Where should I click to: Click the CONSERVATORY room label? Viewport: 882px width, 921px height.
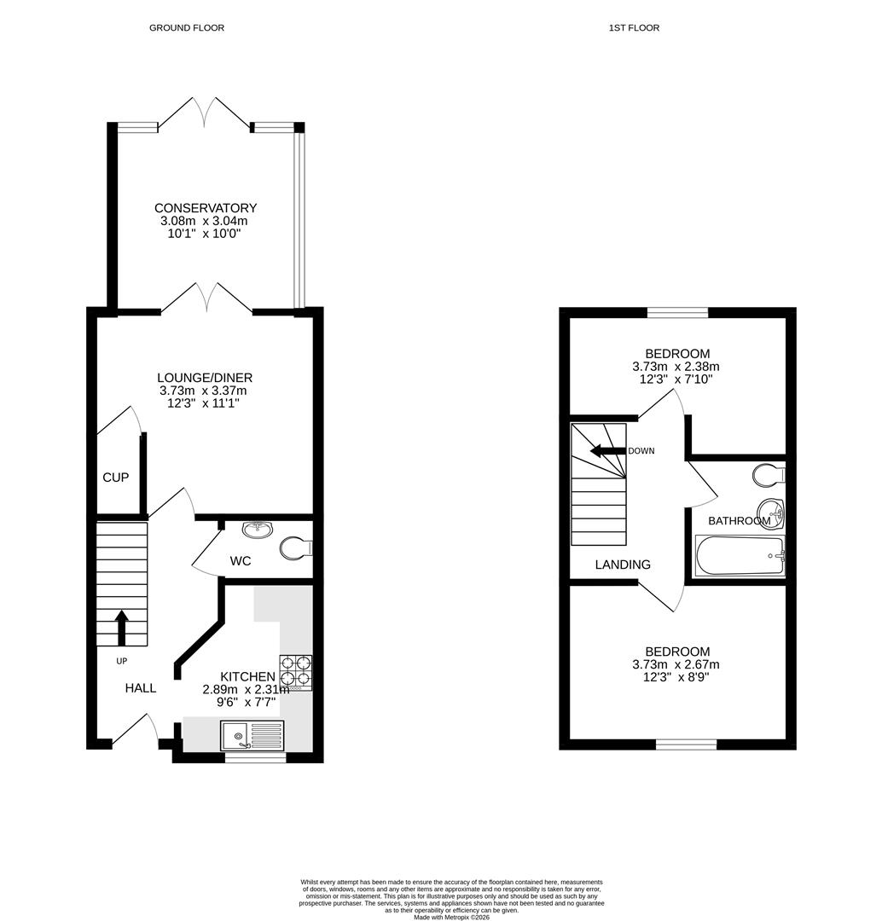coord(205,208)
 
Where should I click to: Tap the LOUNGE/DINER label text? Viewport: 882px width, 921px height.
coord(205,378)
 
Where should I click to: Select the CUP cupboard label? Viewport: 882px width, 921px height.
coord(116,478)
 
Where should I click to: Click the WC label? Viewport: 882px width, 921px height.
coord(240,561)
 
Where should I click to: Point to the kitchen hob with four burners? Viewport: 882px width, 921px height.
coord(295,670)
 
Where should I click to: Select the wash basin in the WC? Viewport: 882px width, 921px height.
coord(257,530)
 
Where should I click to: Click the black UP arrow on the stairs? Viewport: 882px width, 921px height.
coord(120,627)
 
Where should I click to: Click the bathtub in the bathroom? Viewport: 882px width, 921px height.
coord(739,556)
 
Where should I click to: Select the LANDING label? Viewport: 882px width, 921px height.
coord(623,565)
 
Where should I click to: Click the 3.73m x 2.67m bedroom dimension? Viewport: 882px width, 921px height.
coord(676,665)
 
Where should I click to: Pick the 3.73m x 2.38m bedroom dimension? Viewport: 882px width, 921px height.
coord(676,367)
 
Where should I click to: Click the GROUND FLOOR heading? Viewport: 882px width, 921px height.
coord(187,28)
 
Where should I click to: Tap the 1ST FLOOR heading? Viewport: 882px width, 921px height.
coord(634,28)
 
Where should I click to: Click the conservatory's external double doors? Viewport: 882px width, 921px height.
coord(205,113)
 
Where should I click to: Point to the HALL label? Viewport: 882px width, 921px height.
coord(141,688)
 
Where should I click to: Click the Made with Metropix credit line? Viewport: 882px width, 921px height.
coord(452,917)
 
